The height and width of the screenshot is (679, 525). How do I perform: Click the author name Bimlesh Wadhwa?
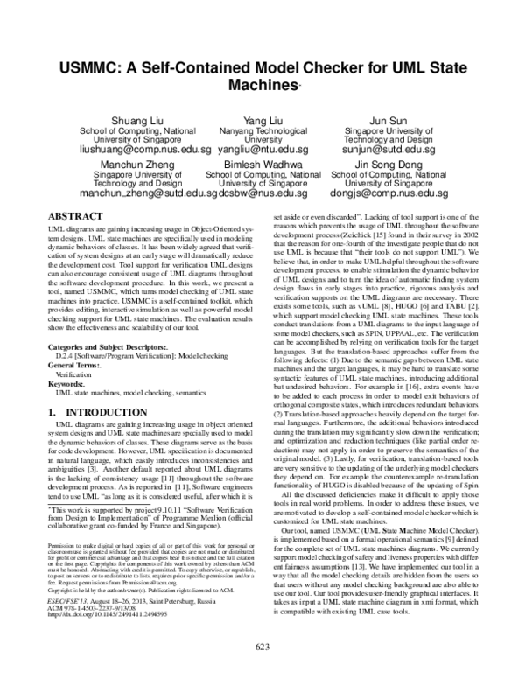262,164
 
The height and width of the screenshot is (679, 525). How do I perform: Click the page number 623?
262,647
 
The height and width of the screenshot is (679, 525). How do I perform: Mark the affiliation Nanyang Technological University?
262,134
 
